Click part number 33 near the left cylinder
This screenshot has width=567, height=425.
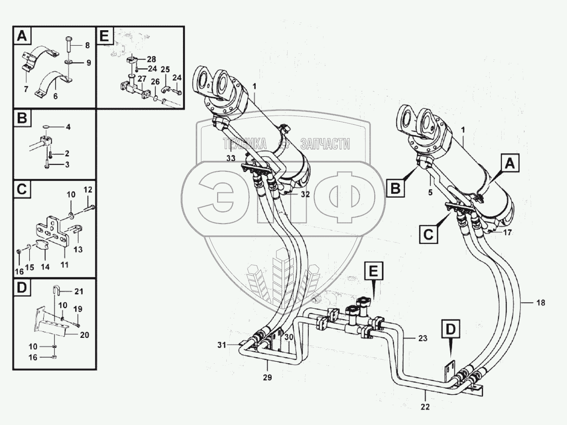[x=231, y=158]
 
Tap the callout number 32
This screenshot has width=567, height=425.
[x=305, y=194]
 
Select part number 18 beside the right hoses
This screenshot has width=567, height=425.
[x=540, y=303]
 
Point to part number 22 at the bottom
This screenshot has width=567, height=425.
[x=425, y=406]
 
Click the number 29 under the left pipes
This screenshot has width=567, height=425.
[x=267, y=378]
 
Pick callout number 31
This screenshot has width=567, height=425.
[x=222, y=344]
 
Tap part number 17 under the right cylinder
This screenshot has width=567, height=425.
[x=507, y=232]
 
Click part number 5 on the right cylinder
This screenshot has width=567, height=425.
[x=430, y=192]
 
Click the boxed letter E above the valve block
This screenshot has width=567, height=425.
[x=373, y=271]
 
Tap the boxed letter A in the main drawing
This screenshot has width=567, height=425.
[x=510, y=164]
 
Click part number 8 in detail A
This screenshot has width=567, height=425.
[x=87, y=45]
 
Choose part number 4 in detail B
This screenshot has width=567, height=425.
[x=68, y=127]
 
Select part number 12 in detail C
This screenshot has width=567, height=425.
[x=88, y=189]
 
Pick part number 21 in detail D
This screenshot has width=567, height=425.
[x=78, y=291]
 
